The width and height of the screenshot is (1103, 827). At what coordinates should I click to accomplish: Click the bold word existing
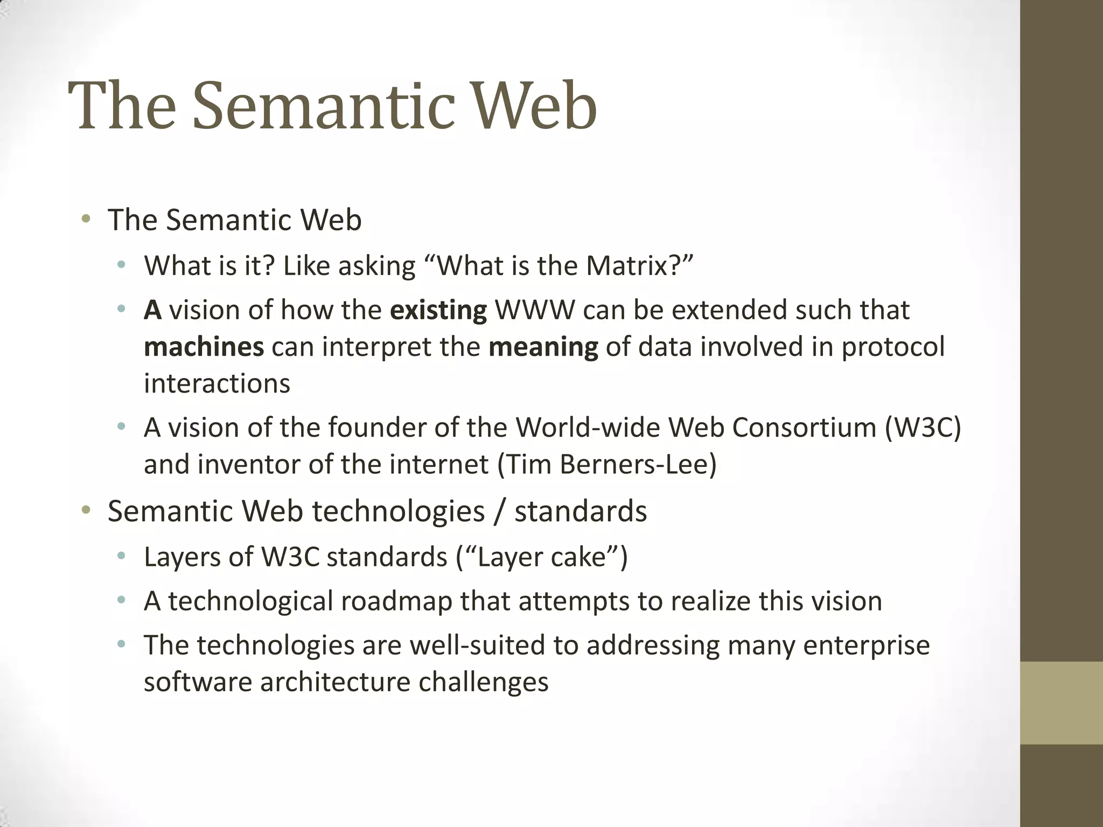coord(438,311)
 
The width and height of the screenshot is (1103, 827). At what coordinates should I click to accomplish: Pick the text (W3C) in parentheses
coord(923,428)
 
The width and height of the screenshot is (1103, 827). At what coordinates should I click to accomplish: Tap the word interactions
coord(217,384)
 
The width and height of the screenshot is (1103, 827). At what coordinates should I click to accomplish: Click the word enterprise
coord(866,646)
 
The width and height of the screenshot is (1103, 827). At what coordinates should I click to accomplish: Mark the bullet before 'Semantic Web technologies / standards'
coord(86,510)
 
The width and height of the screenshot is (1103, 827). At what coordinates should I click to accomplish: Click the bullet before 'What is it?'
coord(122,265)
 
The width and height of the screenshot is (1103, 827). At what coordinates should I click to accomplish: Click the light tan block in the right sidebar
coord(1061,703)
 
